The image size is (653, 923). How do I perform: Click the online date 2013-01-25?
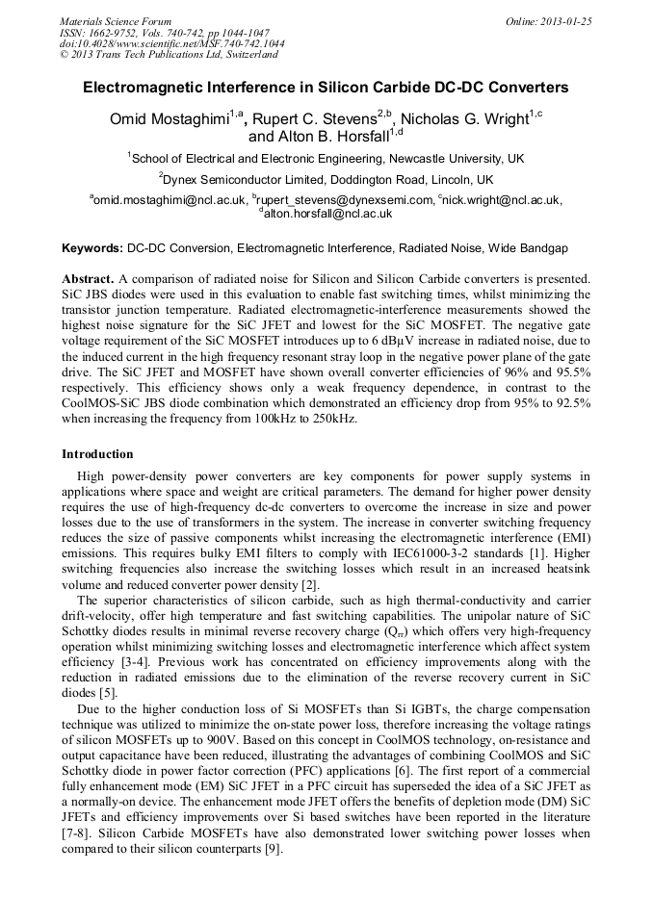click(x=562, y=21)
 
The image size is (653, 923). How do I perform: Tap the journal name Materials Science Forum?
click(x=116, y=21)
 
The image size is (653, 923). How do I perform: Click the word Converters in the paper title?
click(x=520, y=88)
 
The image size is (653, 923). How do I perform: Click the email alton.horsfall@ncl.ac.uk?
click(x=327, y=214)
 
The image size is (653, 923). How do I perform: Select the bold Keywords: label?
click(x=92, y=248)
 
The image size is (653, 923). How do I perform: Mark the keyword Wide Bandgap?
click(x=528, y=248)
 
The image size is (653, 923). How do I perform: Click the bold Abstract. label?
click(x=88, y=278)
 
